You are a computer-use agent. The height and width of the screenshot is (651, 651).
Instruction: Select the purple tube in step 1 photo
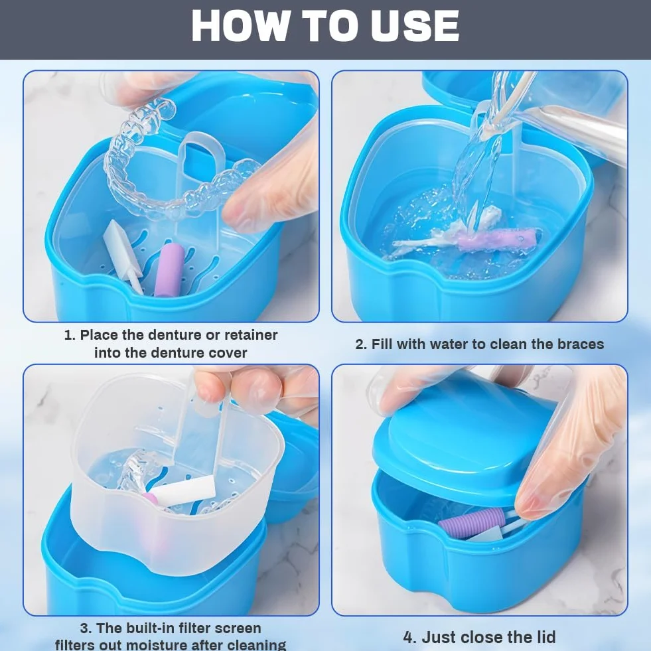point(169,269)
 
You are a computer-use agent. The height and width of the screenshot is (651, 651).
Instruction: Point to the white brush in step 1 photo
point(123,255)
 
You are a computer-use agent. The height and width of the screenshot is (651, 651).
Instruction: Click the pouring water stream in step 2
point(477,166)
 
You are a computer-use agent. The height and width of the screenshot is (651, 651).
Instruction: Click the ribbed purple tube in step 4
point(471,523)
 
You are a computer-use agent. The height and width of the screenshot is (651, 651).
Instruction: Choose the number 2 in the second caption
point(360,344)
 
